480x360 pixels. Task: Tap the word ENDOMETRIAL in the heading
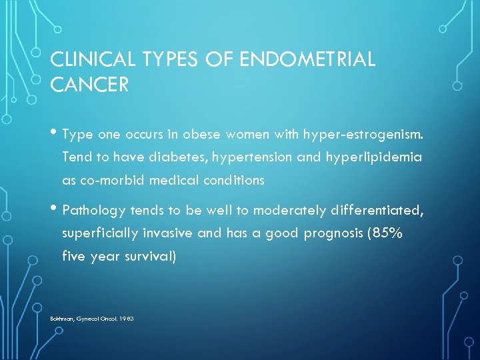pyautogui.click(x=309, y=59)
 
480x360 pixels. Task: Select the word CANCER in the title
pyautogui.click(x=89, y=86)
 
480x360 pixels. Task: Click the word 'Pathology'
pyautogui.click(x=94, y=211)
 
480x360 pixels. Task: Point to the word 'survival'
pyautogui.click(x=151, y=256)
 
